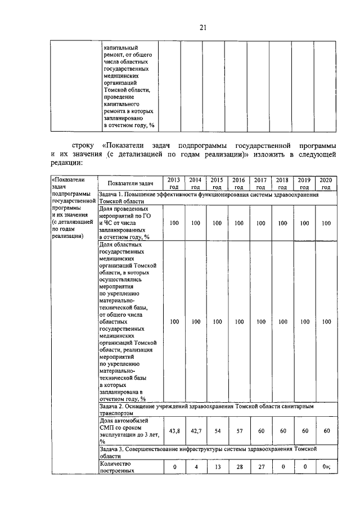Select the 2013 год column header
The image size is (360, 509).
tap(174, 183)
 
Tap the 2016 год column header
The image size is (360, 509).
tap(239, 183)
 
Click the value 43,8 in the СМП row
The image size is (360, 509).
tap(174, 430)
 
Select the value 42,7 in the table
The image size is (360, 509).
tap(195, 430)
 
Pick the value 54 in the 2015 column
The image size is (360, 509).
tap(217, 430)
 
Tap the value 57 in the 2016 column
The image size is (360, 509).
tap(239, 430)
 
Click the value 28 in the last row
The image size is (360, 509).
tap(239, 467)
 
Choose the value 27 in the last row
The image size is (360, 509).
tap(260, 467)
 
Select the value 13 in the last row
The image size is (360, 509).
tap(217, 467)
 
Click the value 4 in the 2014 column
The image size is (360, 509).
tap(195, 467)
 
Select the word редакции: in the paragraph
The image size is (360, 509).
tap(66, 163)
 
